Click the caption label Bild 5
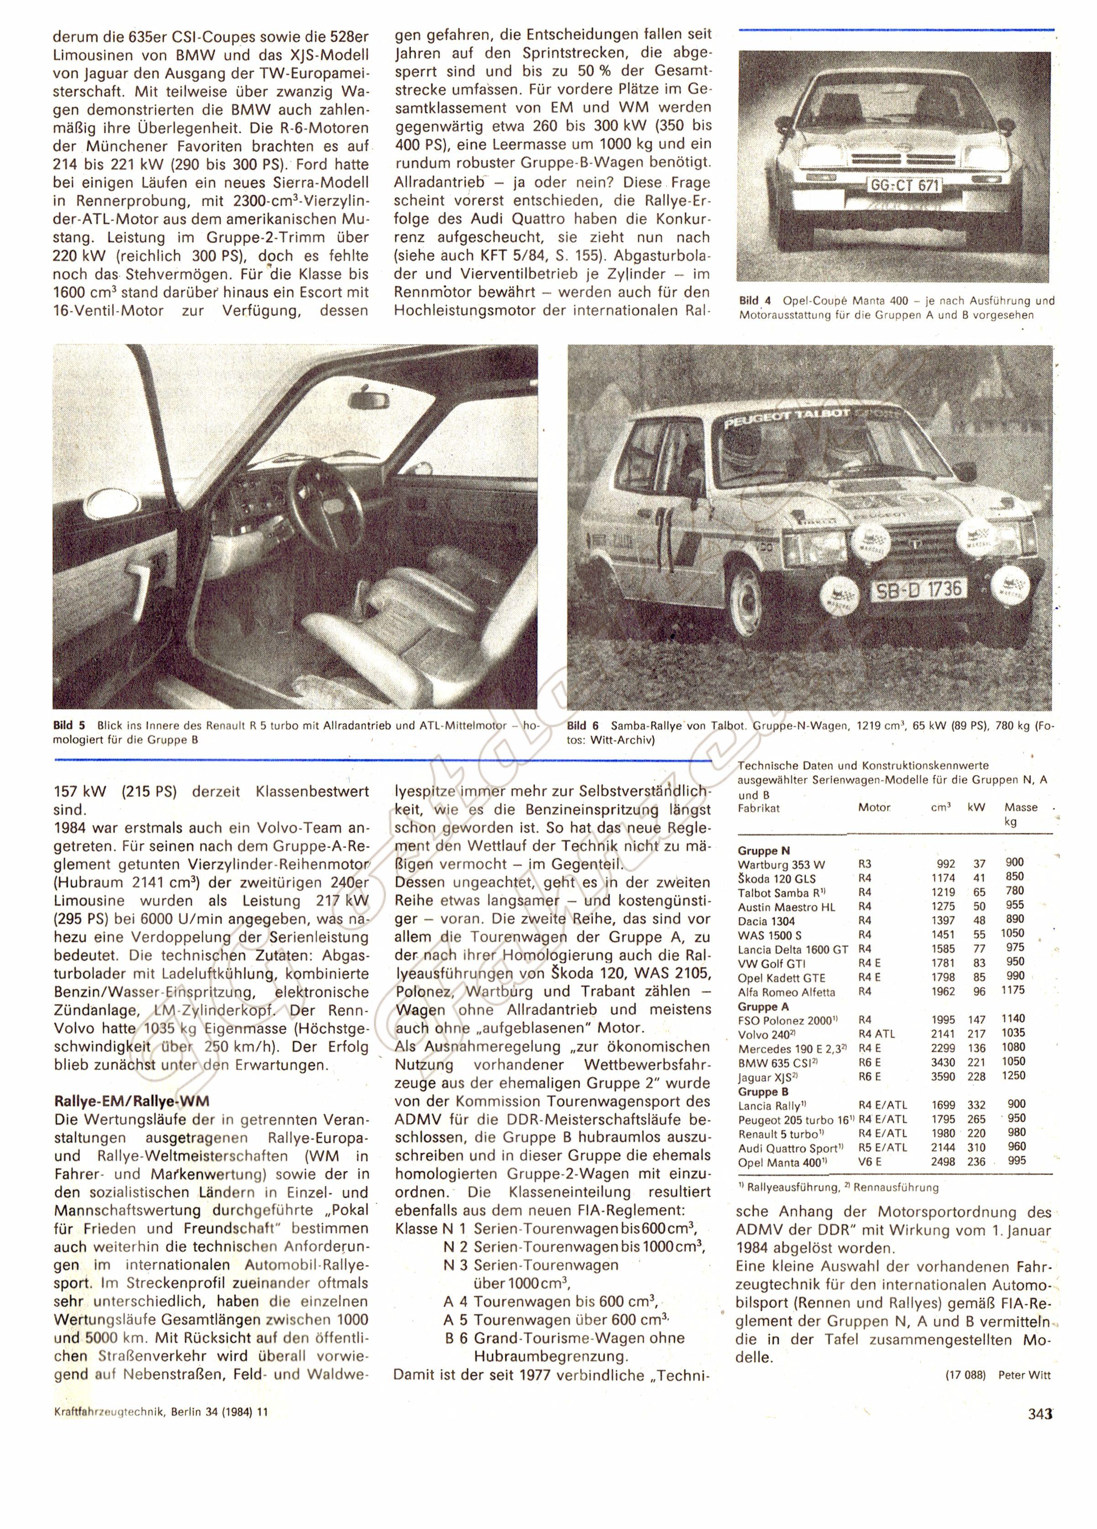click(69, 726)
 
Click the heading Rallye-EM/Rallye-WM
click(131, 1101)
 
